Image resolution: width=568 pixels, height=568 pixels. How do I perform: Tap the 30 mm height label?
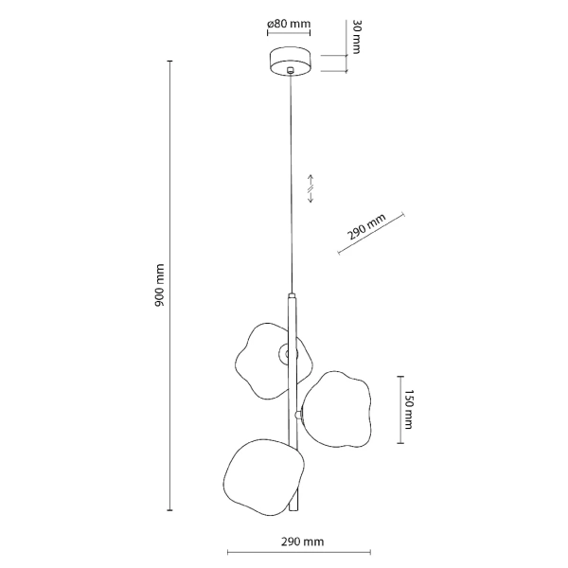click(358, 37)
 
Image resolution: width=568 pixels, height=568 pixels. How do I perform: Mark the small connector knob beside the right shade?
click(299, 414)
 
